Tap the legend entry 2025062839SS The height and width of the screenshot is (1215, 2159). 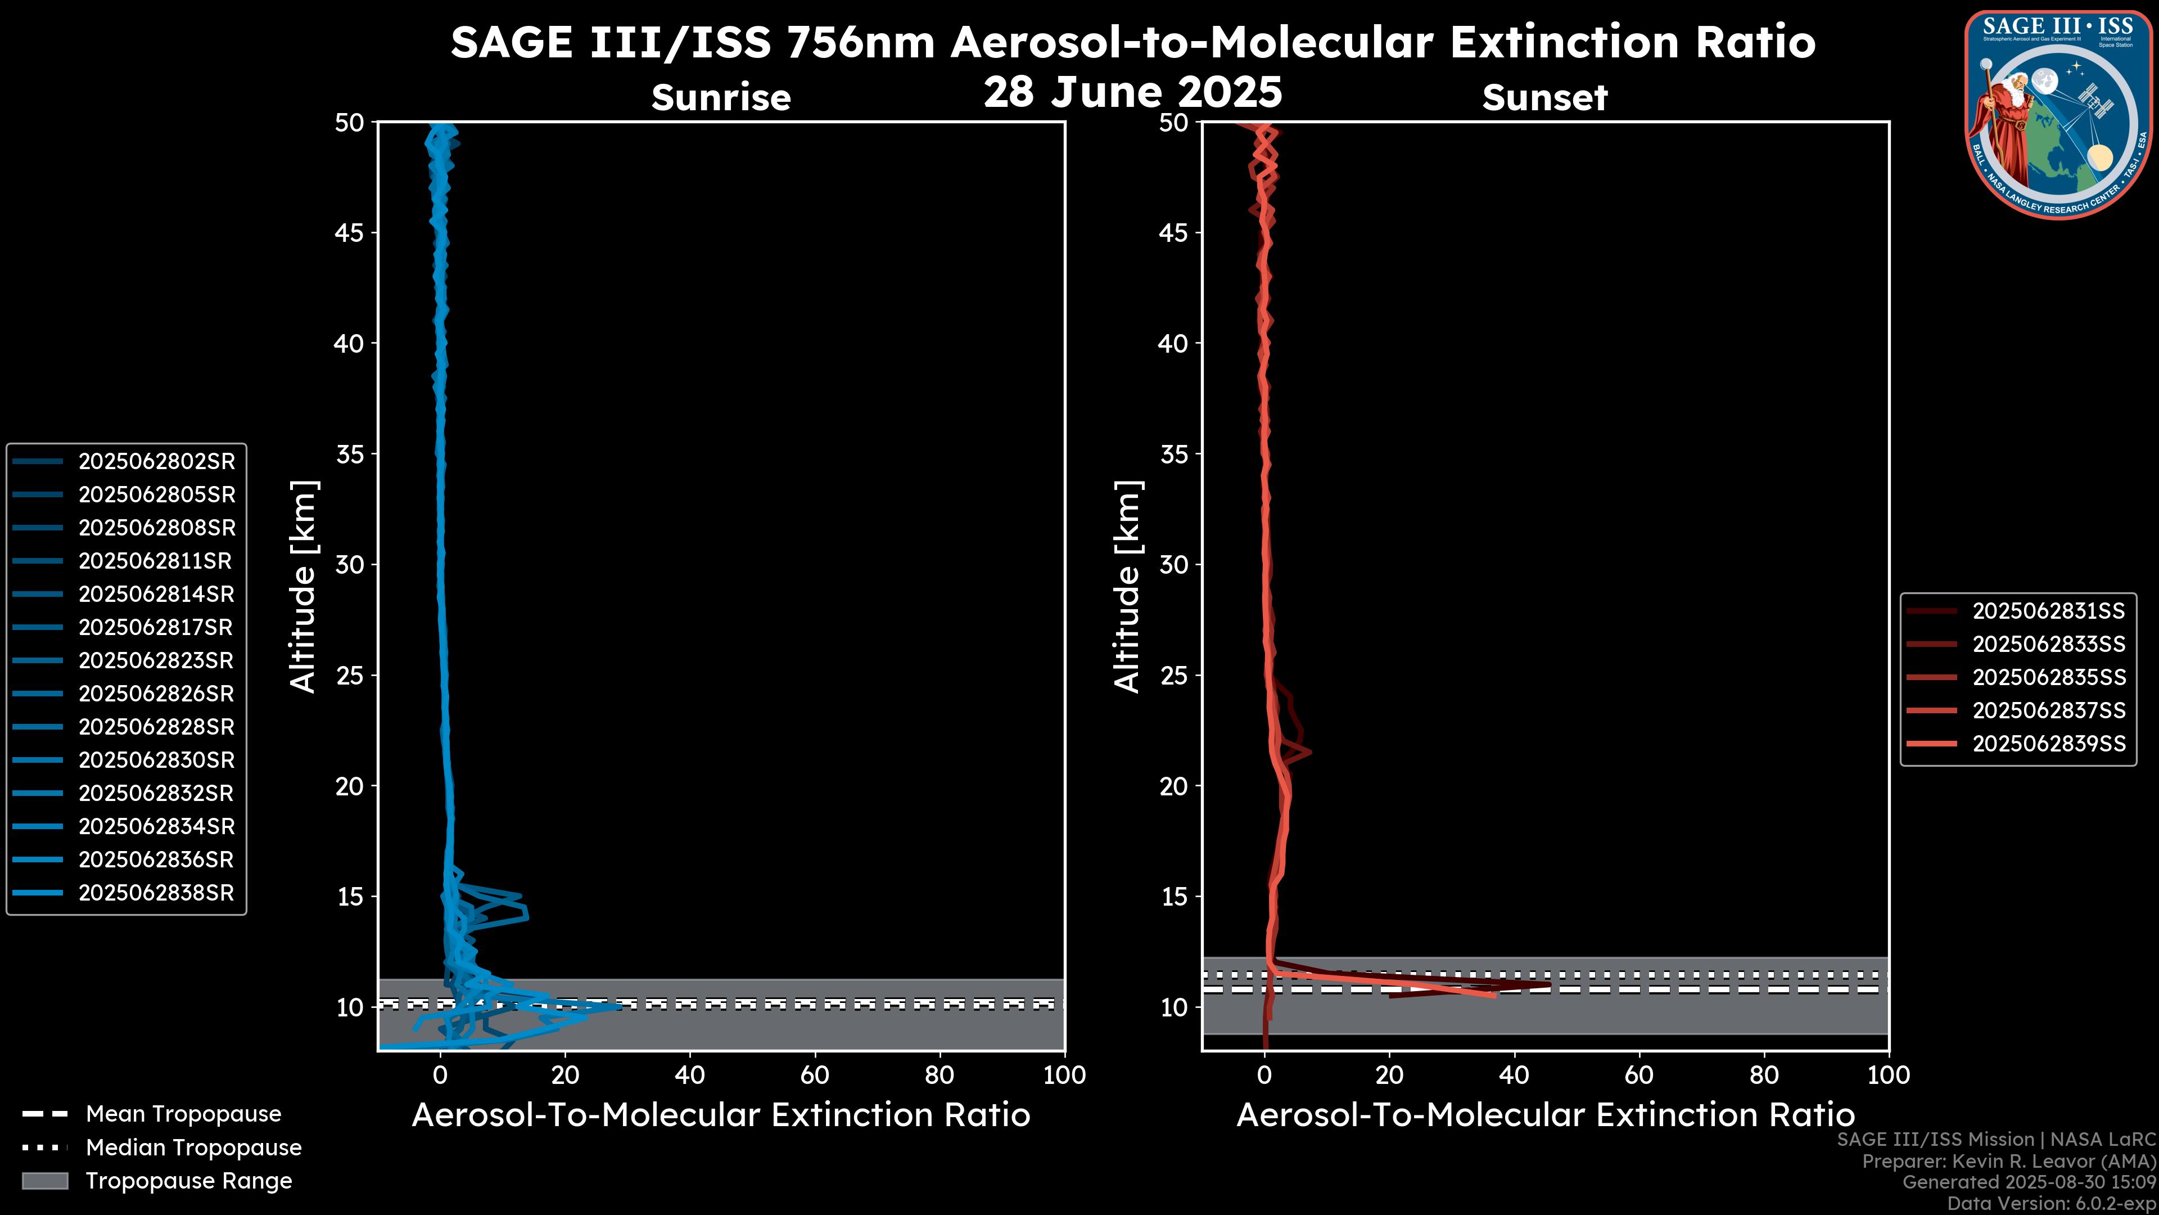pos(2048,744)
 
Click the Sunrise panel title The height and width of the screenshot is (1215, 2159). pos(721,97)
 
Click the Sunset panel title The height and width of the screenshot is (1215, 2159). pos(1544,97)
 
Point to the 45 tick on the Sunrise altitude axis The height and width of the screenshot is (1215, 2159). pos(350,232)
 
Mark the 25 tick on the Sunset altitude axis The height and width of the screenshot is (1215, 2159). pos(1174,675)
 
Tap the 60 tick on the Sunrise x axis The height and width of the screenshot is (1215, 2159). pos(815,1075)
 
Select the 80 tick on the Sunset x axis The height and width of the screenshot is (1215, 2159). pos(1764,1075)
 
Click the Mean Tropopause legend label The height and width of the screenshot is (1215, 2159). pos(183,1114)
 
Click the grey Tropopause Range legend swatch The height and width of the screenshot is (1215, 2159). pos(44,1181)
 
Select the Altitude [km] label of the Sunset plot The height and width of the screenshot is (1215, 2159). pos(1127,587)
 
